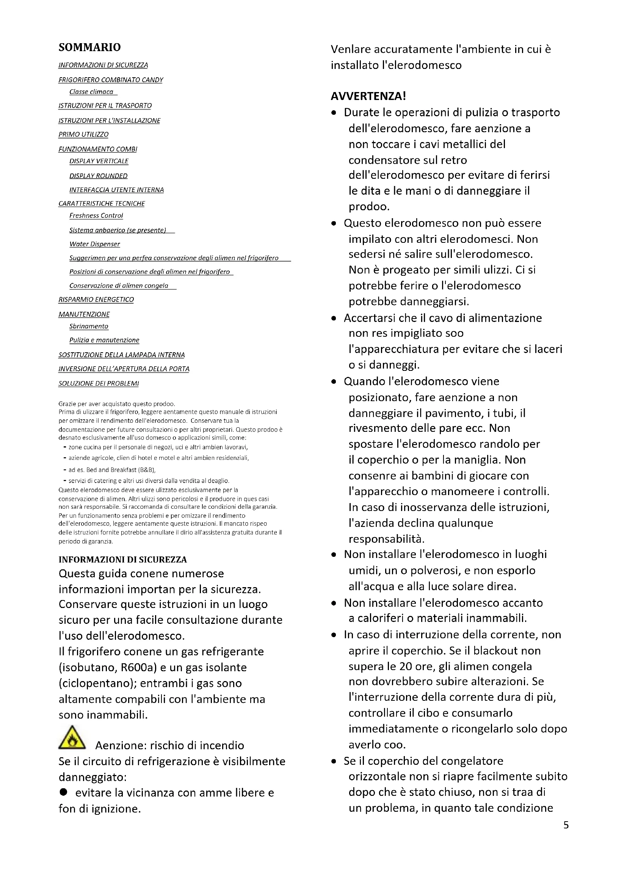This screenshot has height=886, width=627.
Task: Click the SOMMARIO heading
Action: tap(89, 47)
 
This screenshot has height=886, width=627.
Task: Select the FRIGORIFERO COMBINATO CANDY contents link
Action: tap(110, 80)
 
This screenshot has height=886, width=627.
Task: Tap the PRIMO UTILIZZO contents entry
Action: tap(83, 134)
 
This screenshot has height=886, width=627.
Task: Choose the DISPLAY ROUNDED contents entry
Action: tap(98, 176)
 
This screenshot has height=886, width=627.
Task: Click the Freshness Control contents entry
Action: tap(96, 215)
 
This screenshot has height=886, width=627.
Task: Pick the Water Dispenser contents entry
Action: tap(95, 244)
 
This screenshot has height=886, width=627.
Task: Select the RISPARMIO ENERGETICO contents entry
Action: tap(96, 300)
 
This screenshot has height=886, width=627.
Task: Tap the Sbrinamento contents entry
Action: tap(88, 326)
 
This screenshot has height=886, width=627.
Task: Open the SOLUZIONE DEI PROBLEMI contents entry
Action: tap(99, 383)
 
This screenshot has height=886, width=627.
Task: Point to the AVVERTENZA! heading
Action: tap(368, 96)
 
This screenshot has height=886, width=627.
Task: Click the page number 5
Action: tap(566, 825)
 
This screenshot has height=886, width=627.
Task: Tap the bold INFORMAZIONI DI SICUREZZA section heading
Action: tap(122, 559)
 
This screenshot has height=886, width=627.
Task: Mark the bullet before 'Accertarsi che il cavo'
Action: tap(334, 318)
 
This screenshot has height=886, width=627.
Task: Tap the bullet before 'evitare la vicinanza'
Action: tap(63, 792)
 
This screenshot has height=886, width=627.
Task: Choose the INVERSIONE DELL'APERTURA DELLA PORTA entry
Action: tap(124, 369)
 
